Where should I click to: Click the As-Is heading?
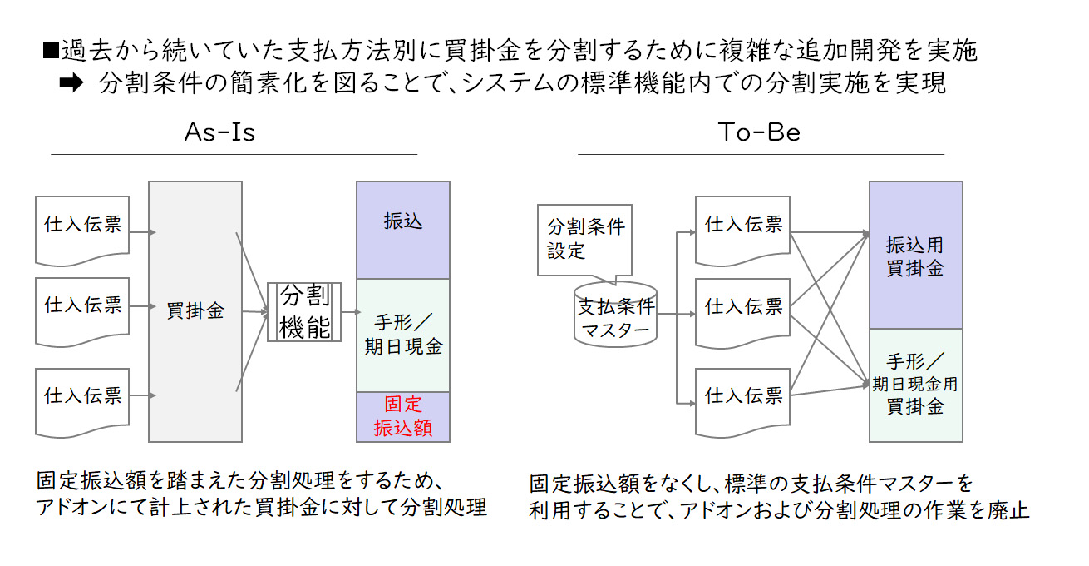click(x=219, y=132)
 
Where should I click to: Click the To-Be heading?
click(x=758, y=132)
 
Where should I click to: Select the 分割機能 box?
click(x=304, y=311)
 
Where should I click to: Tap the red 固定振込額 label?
click(x=402, y=416)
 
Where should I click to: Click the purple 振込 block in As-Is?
click(x=402, y=230)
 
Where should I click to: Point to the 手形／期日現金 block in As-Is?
click(x=402, y=335)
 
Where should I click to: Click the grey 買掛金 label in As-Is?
click(x=195, y=311)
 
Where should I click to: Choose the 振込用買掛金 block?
click(x=915, y=256)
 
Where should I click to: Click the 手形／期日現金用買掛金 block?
click(x=915, y=385)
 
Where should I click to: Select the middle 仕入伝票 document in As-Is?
click(x=82, y=308)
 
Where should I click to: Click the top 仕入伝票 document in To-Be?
click(x=742, y=226)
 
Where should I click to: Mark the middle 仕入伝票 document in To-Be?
click(x=742, y=310)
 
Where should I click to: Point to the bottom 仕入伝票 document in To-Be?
click(x=742, y=398)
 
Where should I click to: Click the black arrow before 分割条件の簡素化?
click(x=72, y=84)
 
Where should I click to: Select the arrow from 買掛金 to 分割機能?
click(x=254, y=312)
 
